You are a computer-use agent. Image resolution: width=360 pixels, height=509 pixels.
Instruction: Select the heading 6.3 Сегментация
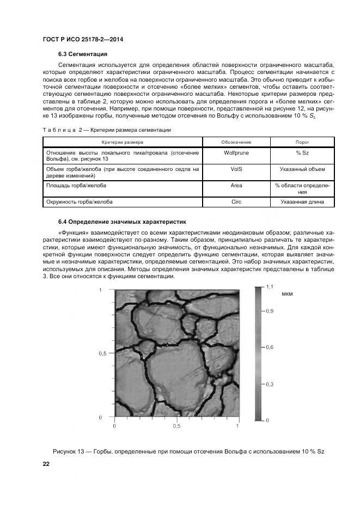[x=83, y=54]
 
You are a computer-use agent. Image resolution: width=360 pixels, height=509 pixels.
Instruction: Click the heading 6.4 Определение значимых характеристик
[x=122, y=222]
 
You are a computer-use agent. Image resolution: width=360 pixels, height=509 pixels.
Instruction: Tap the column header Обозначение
[x=236, y=142]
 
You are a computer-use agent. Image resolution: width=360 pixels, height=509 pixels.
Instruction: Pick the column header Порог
[x=302, y=142]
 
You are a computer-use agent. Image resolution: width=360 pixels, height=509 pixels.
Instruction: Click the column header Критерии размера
[x=122, y=142]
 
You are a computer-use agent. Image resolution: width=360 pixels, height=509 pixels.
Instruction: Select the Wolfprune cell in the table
[x=236, y=153]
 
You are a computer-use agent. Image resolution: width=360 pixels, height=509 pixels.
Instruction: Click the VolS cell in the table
[x=236, y=169]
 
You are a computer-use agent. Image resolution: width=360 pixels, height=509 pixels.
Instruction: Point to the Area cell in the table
[x=236, y=186]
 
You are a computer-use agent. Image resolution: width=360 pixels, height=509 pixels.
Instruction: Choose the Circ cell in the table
[x=236, y=202]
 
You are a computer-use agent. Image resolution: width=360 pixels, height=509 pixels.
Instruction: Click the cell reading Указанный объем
[x=302, y=169]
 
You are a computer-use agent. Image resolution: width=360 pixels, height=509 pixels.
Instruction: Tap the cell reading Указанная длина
[x=302, y=202]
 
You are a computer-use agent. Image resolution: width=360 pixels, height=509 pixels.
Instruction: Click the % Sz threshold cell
[x=302, y=153]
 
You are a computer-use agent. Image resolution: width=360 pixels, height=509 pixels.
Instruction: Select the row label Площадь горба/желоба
[x=76, y=186]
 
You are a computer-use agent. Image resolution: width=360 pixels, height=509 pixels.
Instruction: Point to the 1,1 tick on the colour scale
[x=269, y=286]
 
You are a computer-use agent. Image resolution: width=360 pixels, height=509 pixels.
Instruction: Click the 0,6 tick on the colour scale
[x=269, y=347]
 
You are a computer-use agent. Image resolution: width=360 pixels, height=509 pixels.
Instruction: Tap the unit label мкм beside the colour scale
[x=288, y=294]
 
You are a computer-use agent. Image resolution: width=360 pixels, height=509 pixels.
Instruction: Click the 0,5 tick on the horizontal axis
[x=176, y=427]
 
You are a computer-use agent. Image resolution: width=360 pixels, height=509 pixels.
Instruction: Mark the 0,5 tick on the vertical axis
[x=102, y=353]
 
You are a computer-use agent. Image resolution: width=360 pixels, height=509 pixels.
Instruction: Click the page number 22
[x=46, y=463]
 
